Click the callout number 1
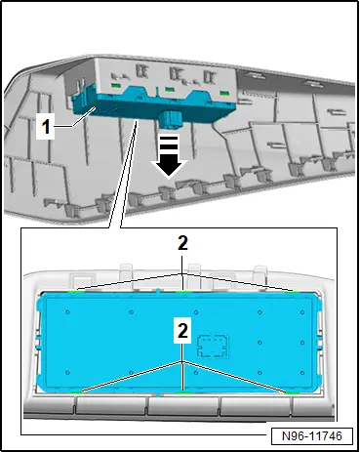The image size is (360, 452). [46, 126]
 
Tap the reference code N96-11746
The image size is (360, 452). [312, 435]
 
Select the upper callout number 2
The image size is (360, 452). [182, 243]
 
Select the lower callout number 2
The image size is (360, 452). [182, 331]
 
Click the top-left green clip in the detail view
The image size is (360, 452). [76, 292]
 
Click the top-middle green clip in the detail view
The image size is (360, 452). [182, 292]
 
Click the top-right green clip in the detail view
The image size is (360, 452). [292, 292]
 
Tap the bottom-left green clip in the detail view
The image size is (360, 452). [76, 393]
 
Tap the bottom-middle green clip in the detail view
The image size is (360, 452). [182, 393]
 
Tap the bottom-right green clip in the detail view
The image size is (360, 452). [292, 393]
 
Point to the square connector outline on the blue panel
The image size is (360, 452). [214, 347]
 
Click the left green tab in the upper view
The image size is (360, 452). [116, 86]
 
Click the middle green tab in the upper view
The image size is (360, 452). [169, 89]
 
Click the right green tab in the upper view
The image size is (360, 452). [224, 93]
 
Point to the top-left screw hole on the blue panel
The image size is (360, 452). [67, 312]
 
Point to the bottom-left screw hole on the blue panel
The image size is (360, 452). [67, 373]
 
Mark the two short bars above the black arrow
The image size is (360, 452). [169, 143]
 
